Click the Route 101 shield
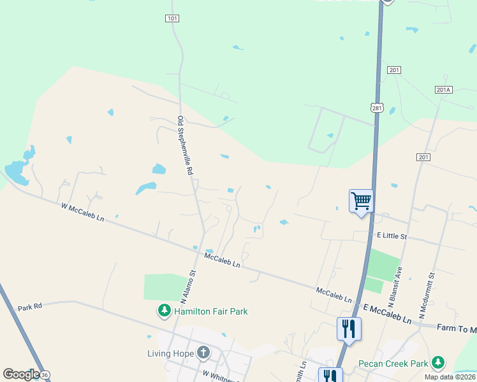click(x=172, y=18)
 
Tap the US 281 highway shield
click(x=378, y=108)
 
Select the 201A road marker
click(x=444, y=90)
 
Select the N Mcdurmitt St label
click(x=426, y=296)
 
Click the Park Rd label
click(x=30, y=307)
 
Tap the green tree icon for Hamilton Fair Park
click(x=165, y=311)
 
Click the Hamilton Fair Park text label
click(x=210, y=311)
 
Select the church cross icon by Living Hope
click(x=203, y=352)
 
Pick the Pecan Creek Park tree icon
click(x=437, y=363)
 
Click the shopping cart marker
click(x=361, y=202)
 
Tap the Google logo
click(x=21, y=374)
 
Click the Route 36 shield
click(x=45, y=375)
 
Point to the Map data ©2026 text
click(x=449, y=377)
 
